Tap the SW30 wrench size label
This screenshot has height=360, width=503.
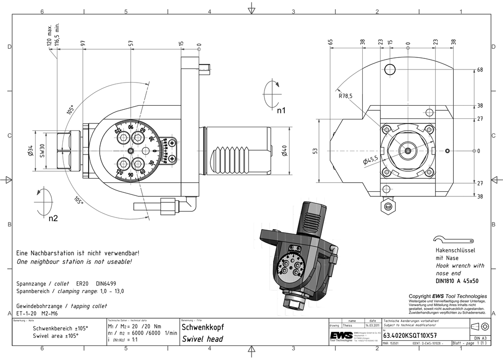(x=43, y=150)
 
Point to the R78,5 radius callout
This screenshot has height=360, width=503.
(x=346, y=96)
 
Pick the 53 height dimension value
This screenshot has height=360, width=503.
(x=315, y=151)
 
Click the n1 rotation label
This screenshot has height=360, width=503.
(x=281, y=110)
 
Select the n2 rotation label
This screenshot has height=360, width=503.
(x=53, y=219)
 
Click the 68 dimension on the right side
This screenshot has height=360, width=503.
(x=480, y=69)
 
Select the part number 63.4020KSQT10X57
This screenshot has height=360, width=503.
(x=410, y=335)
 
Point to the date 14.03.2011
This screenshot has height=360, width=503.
(x=372, y=325)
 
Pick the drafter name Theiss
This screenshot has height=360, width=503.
(x=347, y=325)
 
